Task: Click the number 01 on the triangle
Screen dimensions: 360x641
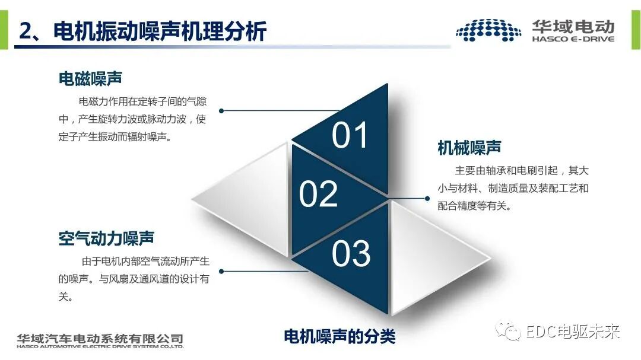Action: coord(350,135)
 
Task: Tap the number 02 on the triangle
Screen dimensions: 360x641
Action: coord(318,194)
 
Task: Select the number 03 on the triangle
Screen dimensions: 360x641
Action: coord(351,253)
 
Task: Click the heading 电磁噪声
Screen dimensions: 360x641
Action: coord(90,78)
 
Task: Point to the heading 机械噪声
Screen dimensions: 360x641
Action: coord(469,147)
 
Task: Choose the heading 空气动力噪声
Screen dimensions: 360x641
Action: coord(106,238)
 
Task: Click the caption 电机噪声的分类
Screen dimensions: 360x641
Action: coord(339,336)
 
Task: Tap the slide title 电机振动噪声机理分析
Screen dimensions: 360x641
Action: coord(160,31)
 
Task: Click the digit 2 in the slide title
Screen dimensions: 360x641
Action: coord(25,31)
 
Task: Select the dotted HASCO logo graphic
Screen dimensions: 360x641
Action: coord(488,30)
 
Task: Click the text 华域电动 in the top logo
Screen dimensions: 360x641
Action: coord(573,26)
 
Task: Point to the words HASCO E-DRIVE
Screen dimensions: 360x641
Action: coord(573,39)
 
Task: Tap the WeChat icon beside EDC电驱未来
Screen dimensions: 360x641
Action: coord(512,332)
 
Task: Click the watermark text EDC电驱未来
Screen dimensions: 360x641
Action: coord(573,332)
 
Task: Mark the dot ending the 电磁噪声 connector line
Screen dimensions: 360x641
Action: coord(221,110)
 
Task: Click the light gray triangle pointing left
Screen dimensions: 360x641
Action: coord(249,198)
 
